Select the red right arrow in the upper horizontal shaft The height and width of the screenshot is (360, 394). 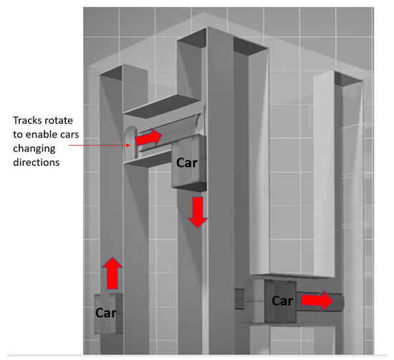[150, 135]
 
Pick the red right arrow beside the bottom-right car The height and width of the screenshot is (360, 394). [317, 301]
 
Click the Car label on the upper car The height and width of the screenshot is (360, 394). [188, 162]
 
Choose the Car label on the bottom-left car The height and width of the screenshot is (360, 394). [107, 313]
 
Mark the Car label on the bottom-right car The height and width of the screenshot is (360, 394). [282, 301]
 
